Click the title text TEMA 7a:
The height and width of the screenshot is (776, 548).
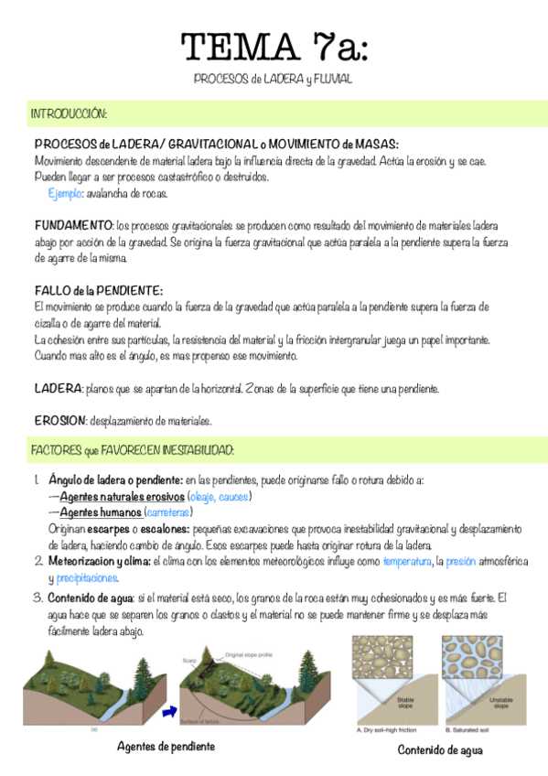point(274,47)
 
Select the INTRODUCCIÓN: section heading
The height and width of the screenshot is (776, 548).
point(70,115)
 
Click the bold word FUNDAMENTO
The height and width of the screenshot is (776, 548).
point(73,224)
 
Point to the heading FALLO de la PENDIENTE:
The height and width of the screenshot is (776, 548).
point(99,290)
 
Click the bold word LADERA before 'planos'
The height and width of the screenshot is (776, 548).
point(58,389)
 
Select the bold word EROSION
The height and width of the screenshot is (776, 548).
point(60,421)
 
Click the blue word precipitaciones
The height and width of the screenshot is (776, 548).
point(87,578)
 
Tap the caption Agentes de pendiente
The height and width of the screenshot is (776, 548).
point(166,747)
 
